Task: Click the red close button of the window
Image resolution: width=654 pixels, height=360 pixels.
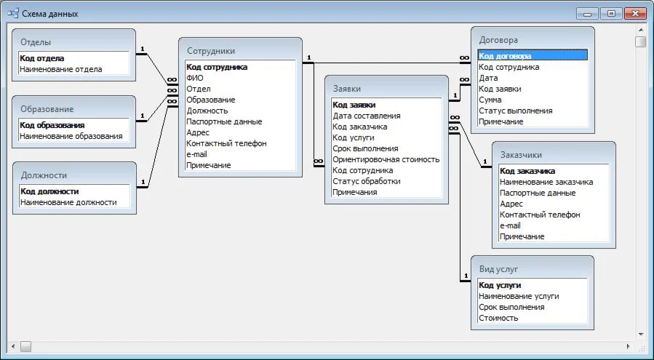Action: click(x=634, y=13)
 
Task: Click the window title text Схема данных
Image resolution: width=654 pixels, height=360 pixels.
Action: click(x=50, y=14)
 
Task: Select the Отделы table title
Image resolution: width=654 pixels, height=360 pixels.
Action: click(x=36, y=42)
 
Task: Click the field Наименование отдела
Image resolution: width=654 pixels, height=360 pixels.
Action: click(x=60, y=69)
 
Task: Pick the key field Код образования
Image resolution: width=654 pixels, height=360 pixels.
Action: click(x=52, y=125)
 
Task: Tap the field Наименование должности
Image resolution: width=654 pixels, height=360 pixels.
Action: click(x=68, y=202)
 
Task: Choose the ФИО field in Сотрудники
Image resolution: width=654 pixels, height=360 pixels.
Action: click(x=195, y=78)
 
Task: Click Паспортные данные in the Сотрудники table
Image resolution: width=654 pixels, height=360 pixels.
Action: click(x=224, y=121)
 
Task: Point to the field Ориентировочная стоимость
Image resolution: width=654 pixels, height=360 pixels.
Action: click(x=386, y=159)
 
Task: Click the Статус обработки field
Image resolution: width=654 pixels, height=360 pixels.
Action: click(x=367, y=181)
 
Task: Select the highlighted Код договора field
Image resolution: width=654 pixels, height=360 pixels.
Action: click(x=505, y=56)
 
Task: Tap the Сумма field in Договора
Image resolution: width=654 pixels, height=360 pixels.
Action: click(x=490, y=100)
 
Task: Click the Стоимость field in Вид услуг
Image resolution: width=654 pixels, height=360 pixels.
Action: click(x=498, y=318)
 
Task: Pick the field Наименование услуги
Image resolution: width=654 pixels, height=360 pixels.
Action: click(x=519, y=296)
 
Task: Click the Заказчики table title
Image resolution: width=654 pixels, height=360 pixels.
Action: click(x=521, y=155)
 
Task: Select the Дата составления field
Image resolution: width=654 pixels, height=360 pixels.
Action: click(x=367, y=116)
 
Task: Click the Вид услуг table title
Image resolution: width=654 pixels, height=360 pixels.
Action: click(x=498, y=269)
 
